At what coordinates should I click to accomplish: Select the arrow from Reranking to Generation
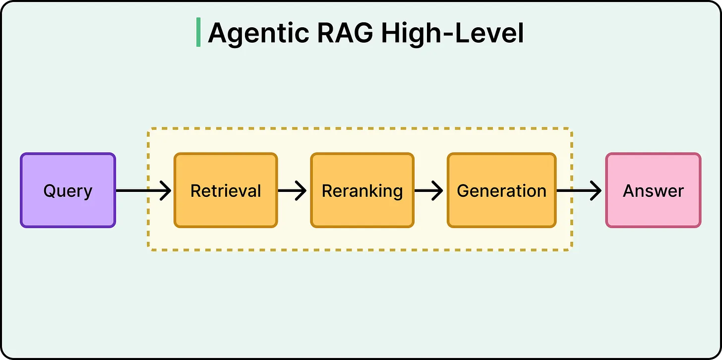(x=428, y=190)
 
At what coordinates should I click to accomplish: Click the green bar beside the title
(x=198, y=32)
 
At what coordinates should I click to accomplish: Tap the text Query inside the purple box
(x=68, y=191)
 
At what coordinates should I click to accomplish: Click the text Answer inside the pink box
(x=653, y=191)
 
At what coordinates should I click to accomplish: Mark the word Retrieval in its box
(x=226, y=191)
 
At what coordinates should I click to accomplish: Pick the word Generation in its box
(x=501, y=191)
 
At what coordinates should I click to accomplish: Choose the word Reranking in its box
(x=362, y=191)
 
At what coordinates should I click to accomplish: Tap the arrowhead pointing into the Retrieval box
(x=166, y=190)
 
